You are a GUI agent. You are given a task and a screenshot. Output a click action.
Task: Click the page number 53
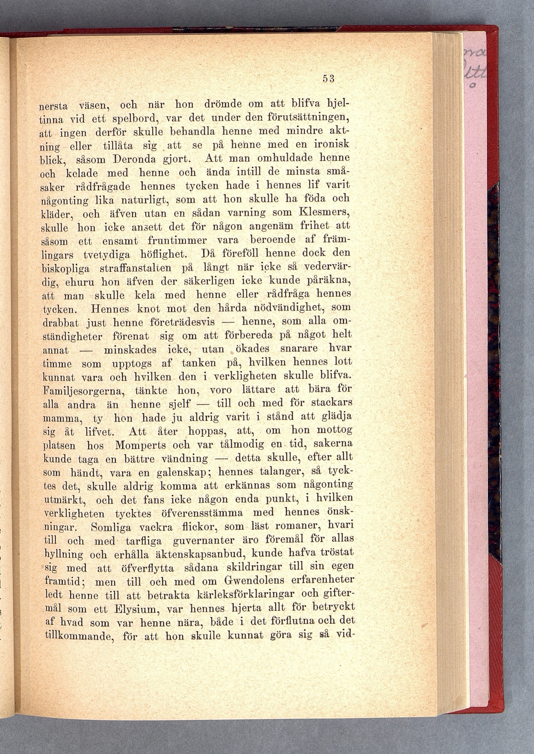point(328,79)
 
